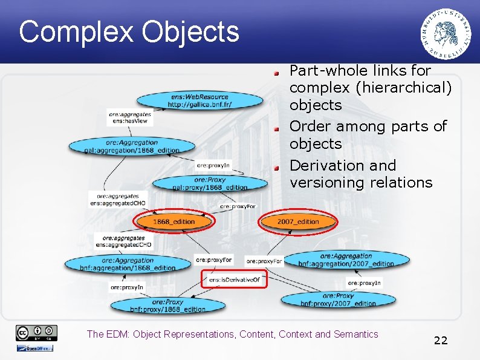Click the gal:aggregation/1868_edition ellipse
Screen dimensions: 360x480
[x=132, y=146]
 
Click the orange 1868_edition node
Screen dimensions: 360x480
[x=174, y=222]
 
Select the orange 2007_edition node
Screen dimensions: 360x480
[x=298, y=222]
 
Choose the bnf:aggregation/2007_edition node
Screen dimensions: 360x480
[x=346, y=260]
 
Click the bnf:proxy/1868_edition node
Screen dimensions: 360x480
[x=167, y=305]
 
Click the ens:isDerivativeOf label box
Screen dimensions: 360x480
[x=234, y=280]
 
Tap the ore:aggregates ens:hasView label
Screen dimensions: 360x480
[x=129, y=117]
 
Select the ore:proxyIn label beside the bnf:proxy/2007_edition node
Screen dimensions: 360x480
[x=365, y=283]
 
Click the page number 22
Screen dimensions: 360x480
[x=441, y=341]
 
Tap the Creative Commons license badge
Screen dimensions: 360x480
[x=36, y=333]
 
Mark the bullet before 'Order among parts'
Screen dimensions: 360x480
[x=276, y=128]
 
